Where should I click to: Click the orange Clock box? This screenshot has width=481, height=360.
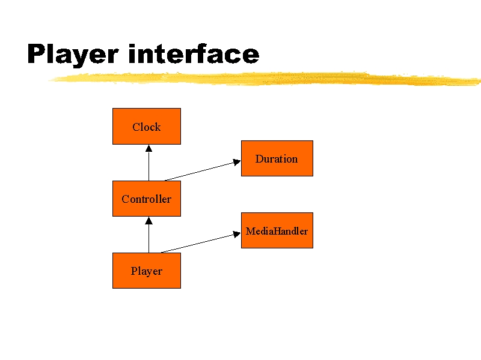pos(147,126)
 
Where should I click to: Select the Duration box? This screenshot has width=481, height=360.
pos(277,158)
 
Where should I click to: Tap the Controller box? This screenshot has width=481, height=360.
pos(147,199)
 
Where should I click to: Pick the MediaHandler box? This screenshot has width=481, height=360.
pos(277,230)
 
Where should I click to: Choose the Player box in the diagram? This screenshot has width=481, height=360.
pos(147,271)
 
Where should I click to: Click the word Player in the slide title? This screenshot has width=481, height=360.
pos(73,54)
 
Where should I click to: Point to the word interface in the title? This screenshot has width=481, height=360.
pos(194,53)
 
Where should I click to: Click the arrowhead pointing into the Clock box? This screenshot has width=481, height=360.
pos(149,148)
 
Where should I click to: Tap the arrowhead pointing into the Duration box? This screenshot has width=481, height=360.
pos(237,162)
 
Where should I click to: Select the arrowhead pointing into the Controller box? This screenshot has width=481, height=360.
pos(149,220)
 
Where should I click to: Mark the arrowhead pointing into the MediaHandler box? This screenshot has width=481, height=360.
pos(237,234)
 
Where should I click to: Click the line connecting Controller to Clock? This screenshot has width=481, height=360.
pos(149,163)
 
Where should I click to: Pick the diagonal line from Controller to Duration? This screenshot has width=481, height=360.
pos(203,171)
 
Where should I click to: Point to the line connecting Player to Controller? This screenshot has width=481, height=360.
pos(149,235)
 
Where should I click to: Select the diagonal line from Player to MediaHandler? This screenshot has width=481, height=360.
pos(201,243)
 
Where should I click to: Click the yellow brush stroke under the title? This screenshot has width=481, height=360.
pos(265,79)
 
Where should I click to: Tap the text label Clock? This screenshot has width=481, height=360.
pos(147,127)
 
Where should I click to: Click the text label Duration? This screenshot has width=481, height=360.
pos(277,158)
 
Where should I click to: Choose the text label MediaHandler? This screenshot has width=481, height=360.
pos(277,231)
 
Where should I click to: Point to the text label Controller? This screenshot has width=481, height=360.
pos(147,199)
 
